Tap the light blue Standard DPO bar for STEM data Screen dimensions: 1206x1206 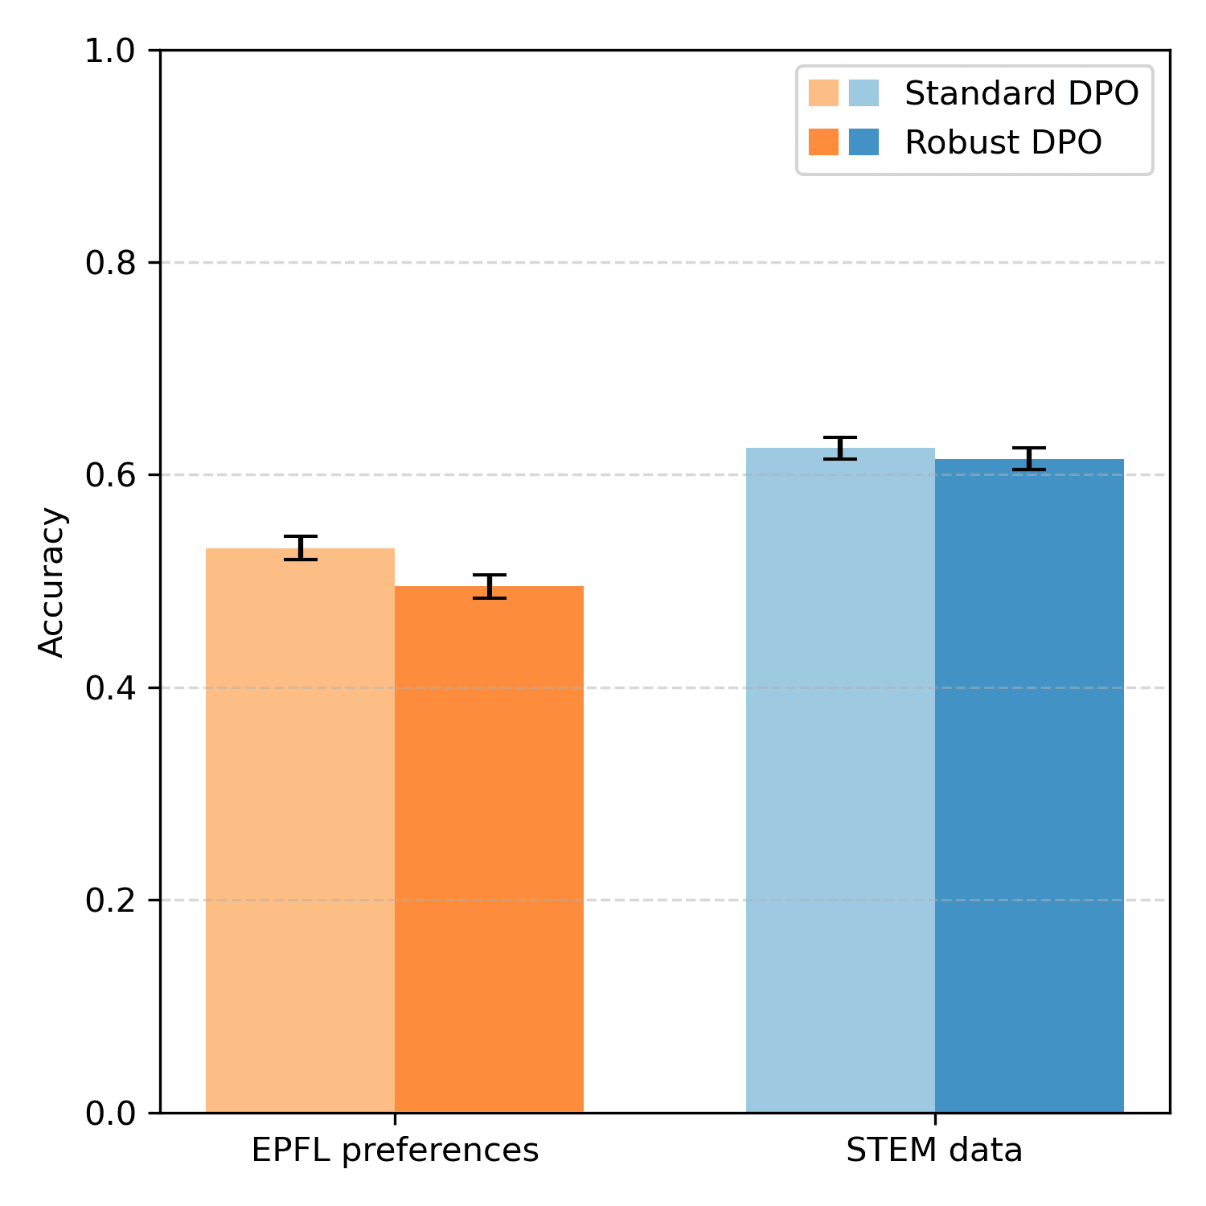840,780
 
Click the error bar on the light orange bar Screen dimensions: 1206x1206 301,548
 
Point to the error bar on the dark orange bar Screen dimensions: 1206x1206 489,586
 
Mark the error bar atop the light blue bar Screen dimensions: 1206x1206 840,448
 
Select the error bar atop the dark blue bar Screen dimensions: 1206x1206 1029,458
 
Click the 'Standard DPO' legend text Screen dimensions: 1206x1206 1021,94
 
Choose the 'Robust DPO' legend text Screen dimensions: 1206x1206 1003,142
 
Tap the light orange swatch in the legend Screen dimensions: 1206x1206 823,93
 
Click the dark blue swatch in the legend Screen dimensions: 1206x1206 864,142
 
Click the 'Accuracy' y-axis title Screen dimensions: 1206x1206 51,581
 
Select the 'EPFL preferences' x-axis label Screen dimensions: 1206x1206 395,1151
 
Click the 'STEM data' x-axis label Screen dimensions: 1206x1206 934,1151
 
